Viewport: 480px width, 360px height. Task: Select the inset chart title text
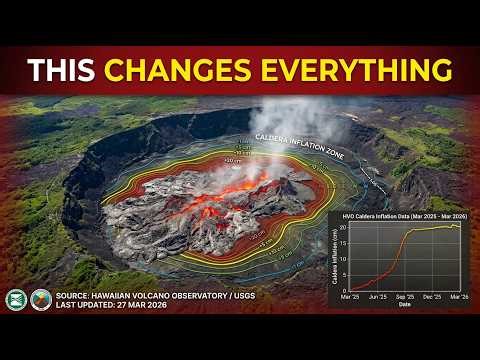(396, 218)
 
